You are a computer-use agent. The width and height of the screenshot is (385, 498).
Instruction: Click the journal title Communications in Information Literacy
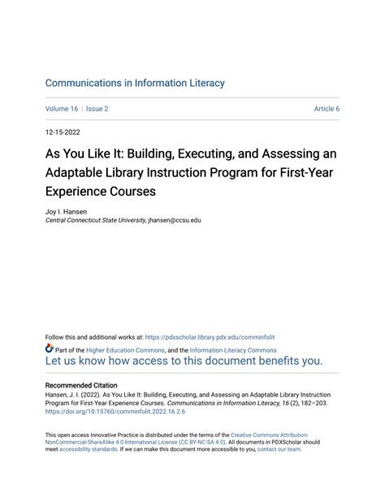pyautogui.click(x=135, y=83)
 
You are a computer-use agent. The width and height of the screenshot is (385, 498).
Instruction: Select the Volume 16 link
pyautogui.click(x=63, y=108)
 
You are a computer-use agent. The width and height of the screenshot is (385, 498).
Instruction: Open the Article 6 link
pyautogui.click(x=327, y=108)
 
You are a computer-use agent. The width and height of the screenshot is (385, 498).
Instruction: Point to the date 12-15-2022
pyautogui.click(x=63, y=131)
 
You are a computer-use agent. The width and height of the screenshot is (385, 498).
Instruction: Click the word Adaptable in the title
pyautogui.click(x=77, y=173)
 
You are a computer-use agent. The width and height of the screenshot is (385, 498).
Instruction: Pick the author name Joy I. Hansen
pyautogui.click(x=67, y=210)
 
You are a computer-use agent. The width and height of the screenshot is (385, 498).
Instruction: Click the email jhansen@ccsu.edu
pyautogui.click(x=174, y=220)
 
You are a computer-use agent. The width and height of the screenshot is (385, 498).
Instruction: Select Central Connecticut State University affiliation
pyautogui.click(x=96, y=220)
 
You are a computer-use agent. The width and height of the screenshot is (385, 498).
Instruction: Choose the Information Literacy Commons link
pyautogui.click(x=233, y=350)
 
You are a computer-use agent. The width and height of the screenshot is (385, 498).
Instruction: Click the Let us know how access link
pyautogui.click(x=184, y=362)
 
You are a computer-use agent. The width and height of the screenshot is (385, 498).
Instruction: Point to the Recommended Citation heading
pyautogui.click(x=81, y=385)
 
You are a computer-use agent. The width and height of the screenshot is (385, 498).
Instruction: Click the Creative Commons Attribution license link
pyautogui.click(x=270, y=435)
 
